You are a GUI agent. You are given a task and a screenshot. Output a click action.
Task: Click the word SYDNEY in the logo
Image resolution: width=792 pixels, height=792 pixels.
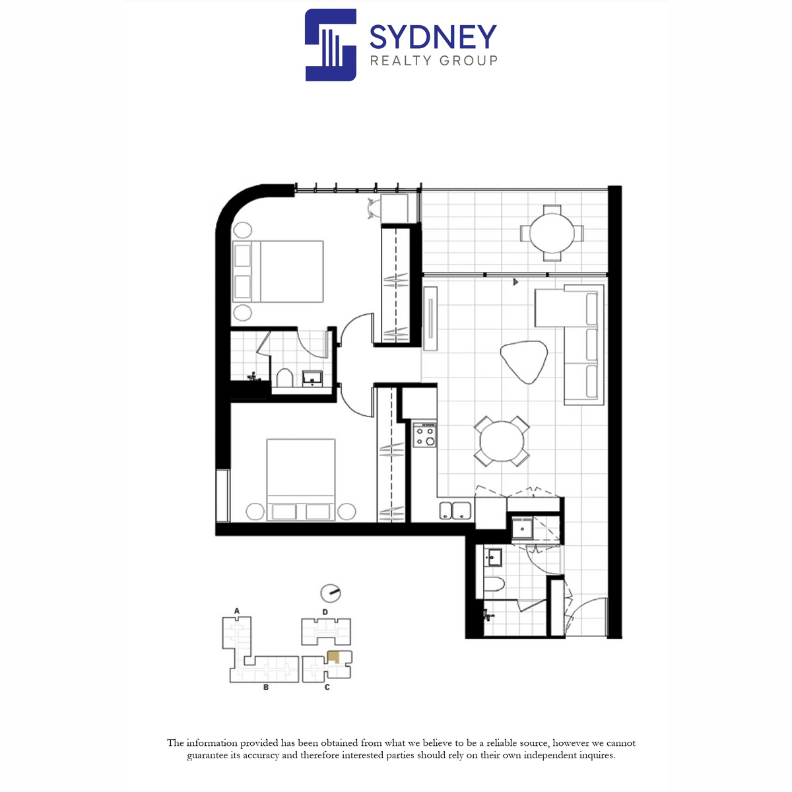pos(433,36)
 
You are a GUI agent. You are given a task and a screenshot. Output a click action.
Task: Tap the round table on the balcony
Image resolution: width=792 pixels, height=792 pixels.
pos(552,233)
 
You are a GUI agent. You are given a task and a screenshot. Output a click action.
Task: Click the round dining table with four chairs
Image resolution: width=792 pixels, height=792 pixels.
pos(502,442)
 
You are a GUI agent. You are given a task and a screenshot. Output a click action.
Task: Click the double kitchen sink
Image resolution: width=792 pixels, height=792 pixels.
pos(455,510)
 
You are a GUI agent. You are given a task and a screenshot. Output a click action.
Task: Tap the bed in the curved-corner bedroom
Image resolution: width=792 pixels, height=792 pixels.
pos(278,271)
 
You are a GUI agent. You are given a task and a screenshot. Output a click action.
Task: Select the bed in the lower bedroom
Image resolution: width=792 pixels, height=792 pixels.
pos(300,480)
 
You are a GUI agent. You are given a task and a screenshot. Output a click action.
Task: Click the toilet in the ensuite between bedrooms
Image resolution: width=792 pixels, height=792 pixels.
pos(284,378)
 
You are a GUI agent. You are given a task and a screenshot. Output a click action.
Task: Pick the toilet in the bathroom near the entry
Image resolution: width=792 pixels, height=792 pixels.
pos(493,583)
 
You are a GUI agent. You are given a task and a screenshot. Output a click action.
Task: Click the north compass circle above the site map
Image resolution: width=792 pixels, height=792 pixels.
pos(331,593)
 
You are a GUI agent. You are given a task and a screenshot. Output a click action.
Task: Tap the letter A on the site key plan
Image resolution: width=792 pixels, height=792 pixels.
pos(237,611)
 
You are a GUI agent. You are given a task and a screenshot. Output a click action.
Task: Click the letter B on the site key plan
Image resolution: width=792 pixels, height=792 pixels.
pos(266,687)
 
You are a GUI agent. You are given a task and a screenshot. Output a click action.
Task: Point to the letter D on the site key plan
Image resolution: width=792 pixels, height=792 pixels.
pos(325,612)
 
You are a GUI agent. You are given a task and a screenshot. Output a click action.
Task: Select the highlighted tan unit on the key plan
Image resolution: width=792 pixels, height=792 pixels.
pos(334,657)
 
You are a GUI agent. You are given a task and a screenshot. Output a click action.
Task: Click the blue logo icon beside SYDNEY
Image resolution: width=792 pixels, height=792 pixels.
pos(331,45)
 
